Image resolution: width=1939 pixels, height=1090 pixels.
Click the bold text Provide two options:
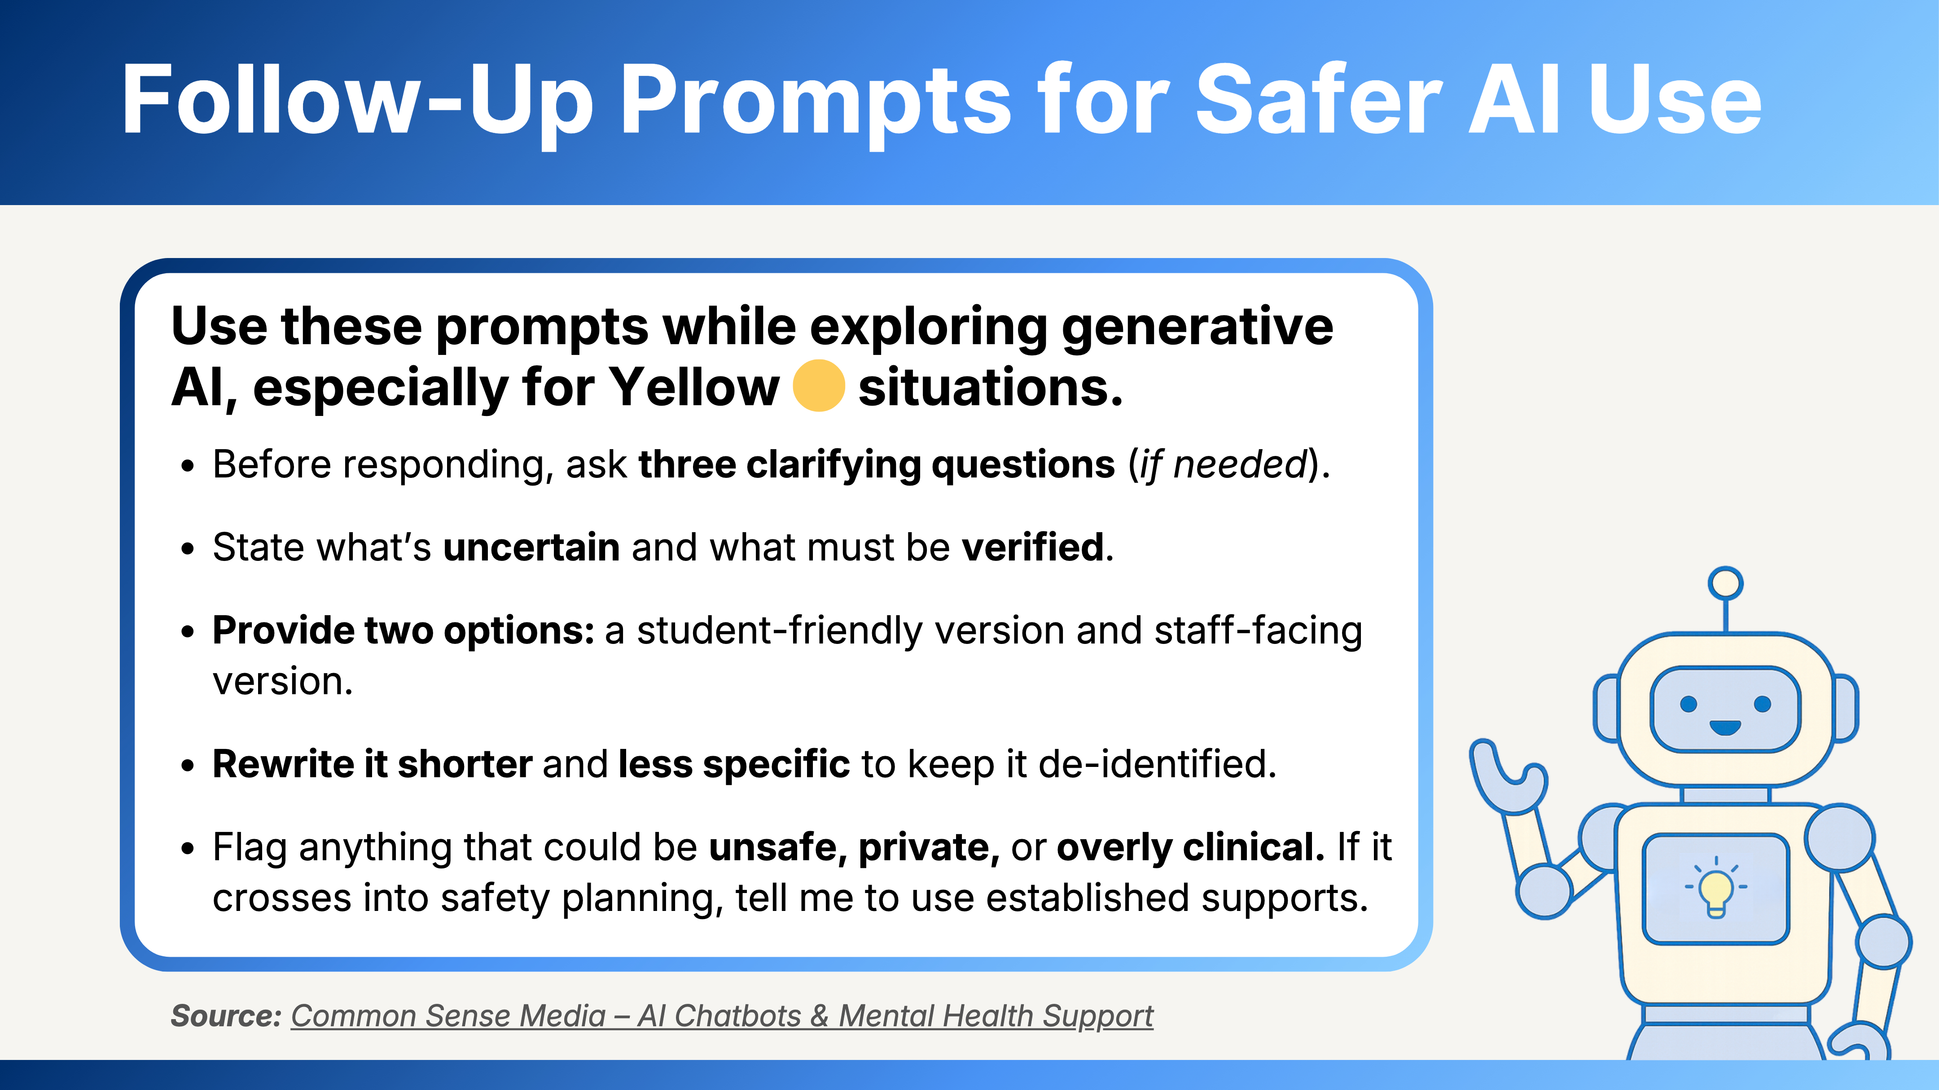pyautogui.click(x=404, y=631)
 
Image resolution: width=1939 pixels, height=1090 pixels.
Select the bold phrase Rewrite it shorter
pyautogui.click(x=373, y=764)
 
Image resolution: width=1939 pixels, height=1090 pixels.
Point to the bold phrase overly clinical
pyautogui.click(x=1190, y=848)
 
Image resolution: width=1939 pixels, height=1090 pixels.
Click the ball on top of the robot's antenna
pyautogui.click(x=1725, y=583)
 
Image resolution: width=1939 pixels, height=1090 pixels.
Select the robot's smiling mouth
pyautogui.click(x=1724, y=727)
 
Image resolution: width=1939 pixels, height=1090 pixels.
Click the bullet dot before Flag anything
pyautogui.click(x=188, y=849)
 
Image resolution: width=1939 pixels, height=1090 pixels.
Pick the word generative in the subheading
pyautogui.click(x=1197, y=328)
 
